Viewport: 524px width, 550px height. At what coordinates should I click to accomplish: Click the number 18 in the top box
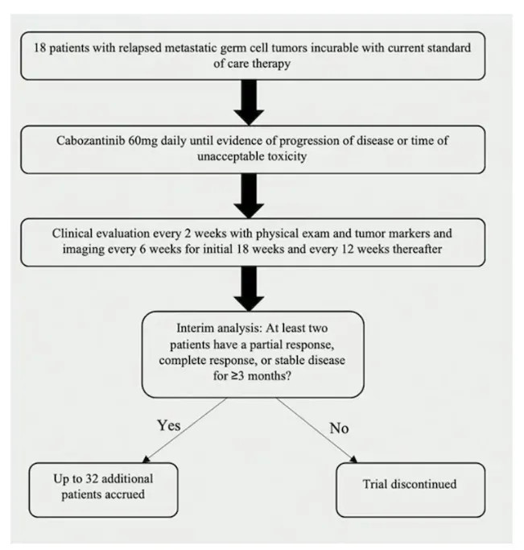click(x=42, y=48)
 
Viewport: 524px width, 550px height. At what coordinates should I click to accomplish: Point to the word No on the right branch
click(x=340, y=427)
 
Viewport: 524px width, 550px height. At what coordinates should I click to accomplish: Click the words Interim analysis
click(x=212, y=329)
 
